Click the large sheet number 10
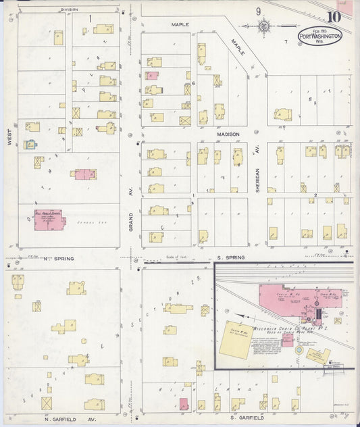click(334, 17)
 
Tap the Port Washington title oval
click(321, 36)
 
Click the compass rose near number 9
click(263, 26)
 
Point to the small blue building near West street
click(30, 144)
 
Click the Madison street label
click(228, 134)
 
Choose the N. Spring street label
click(58, 259)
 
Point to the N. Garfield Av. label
click(66, 418)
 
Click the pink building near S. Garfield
click(183, 404)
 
